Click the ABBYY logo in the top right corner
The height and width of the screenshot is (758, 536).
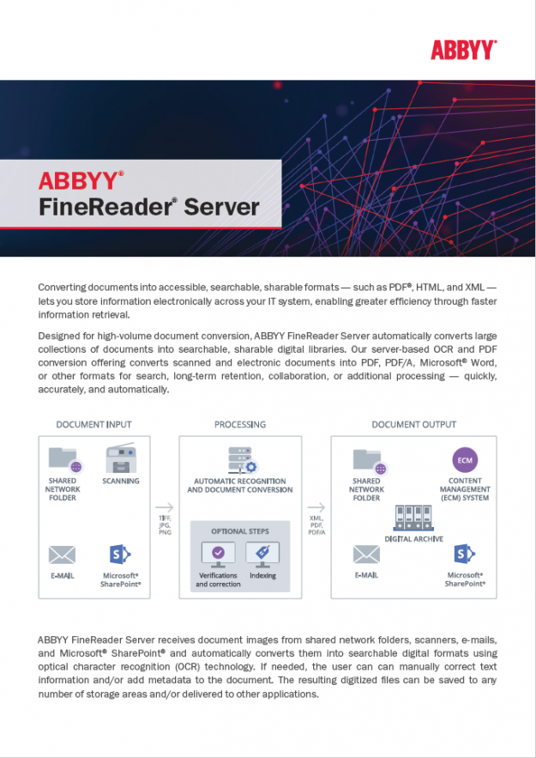pyautogui.click(x=463, y=49)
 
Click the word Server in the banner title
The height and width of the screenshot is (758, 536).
pyautogui.click(x=221, y=207)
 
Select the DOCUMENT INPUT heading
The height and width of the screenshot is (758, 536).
pyautogui.click(x=93, y=424)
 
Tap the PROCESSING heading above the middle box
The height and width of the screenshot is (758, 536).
pyautogui.click(x=240, y=424)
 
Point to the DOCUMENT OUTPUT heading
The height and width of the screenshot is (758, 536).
pyautogui.click(x=413, y=424)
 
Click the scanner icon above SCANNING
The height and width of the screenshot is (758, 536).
pyautogui.click(x=119, y=459)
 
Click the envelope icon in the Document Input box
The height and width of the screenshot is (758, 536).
pyautogui.click(x=62, y=555)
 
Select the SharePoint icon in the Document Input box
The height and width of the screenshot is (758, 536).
pyautogui.click(x=119, y=555)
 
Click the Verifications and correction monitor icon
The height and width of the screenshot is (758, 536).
pyautogui.click(x=218, y=554)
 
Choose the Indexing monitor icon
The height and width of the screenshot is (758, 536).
pyautogui.click(x=262, y=554)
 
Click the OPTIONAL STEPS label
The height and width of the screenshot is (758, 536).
pyautogui.click(x=240, y=531)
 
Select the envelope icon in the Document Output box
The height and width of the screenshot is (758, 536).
pyautogui.click(x=366, y=555)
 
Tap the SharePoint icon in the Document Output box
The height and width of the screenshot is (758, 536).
pyautogui.click(x=465, y=555)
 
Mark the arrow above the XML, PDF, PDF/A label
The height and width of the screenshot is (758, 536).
pyautogui.click(x=316, y=506)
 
